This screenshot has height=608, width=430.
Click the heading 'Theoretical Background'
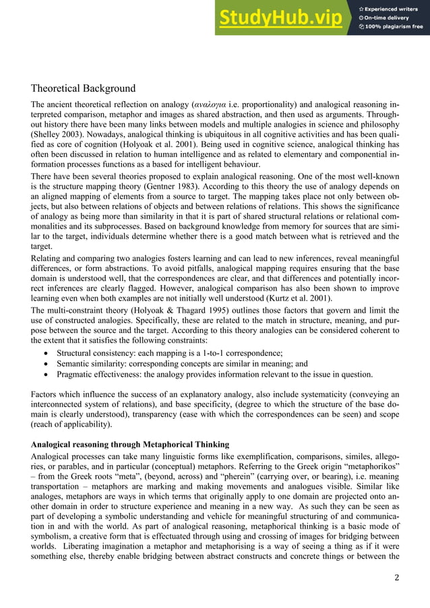(x=83, y=88)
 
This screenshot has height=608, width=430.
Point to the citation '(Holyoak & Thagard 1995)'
(x=166, y=309)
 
